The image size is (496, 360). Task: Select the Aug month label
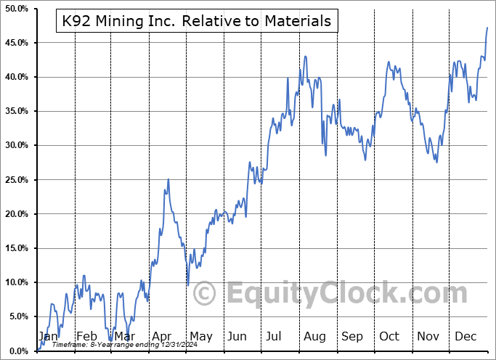(x=314, y=336)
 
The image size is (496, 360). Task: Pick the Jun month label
(x=237, y=336)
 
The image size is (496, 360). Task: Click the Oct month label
(x=389, y=336)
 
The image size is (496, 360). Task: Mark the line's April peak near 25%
(x=168, y=179)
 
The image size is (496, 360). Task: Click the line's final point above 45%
(x=487, y=28)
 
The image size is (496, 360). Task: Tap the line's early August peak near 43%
(x=305, y=56)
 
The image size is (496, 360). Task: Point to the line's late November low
(x=436, y=162)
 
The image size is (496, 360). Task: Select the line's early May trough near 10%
(x=187, y=285)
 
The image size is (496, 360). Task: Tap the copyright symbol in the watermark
(x=206, y=293)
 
